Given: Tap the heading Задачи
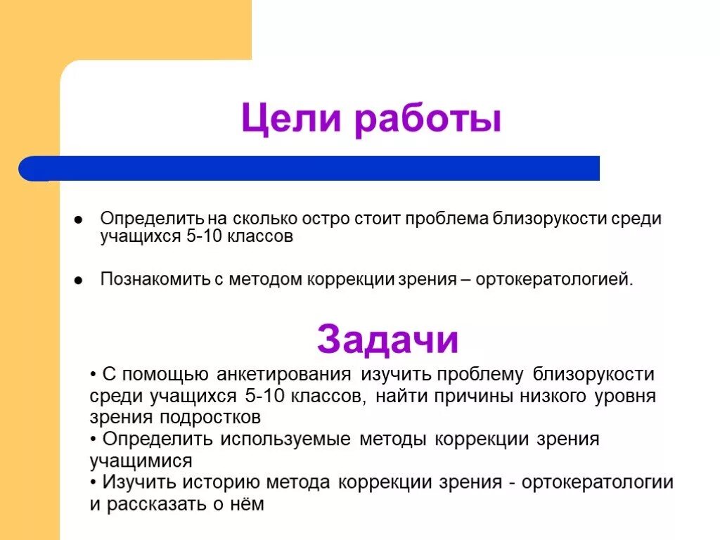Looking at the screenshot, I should pyautogui.click(x=388, y=341).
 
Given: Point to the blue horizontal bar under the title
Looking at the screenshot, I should pyautogui.click(x=309, y=169).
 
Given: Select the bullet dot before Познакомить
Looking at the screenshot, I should pyautogui.click(x=79, y=280).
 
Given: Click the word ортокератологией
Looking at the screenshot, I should pyautogui.click(x=554, y=279).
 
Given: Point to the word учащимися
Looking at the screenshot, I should pyautogui.click(x=141, y=461).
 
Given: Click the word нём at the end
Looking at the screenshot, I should pyautogui.click(x=249, y=505).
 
